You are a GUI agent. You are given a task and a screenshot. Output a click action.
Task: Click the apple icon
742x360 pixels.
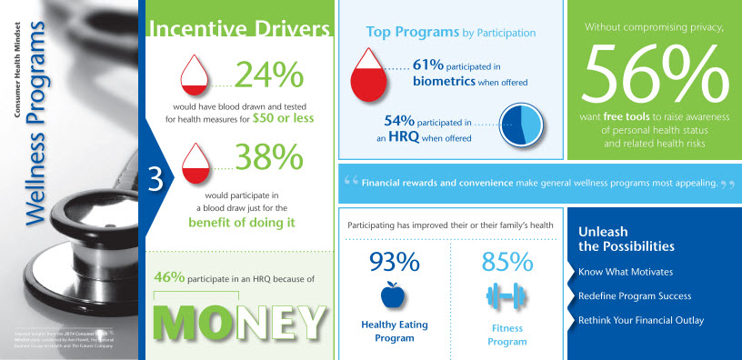(x=394, y=295)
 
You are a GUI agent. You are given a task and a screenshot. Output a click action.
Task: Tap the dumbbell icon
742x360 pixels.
(x=506, y=295)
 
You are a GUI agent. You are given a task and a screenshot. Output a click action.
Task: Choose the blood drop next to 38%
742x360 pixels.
(x=197, y=162)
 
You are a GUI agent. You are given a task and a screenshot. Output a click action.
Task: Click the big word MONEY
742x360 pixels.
(x=239, y=318)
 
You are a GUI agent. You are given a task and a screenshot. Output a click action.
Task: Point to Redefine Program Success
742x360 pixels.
(x=634, y=296)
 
